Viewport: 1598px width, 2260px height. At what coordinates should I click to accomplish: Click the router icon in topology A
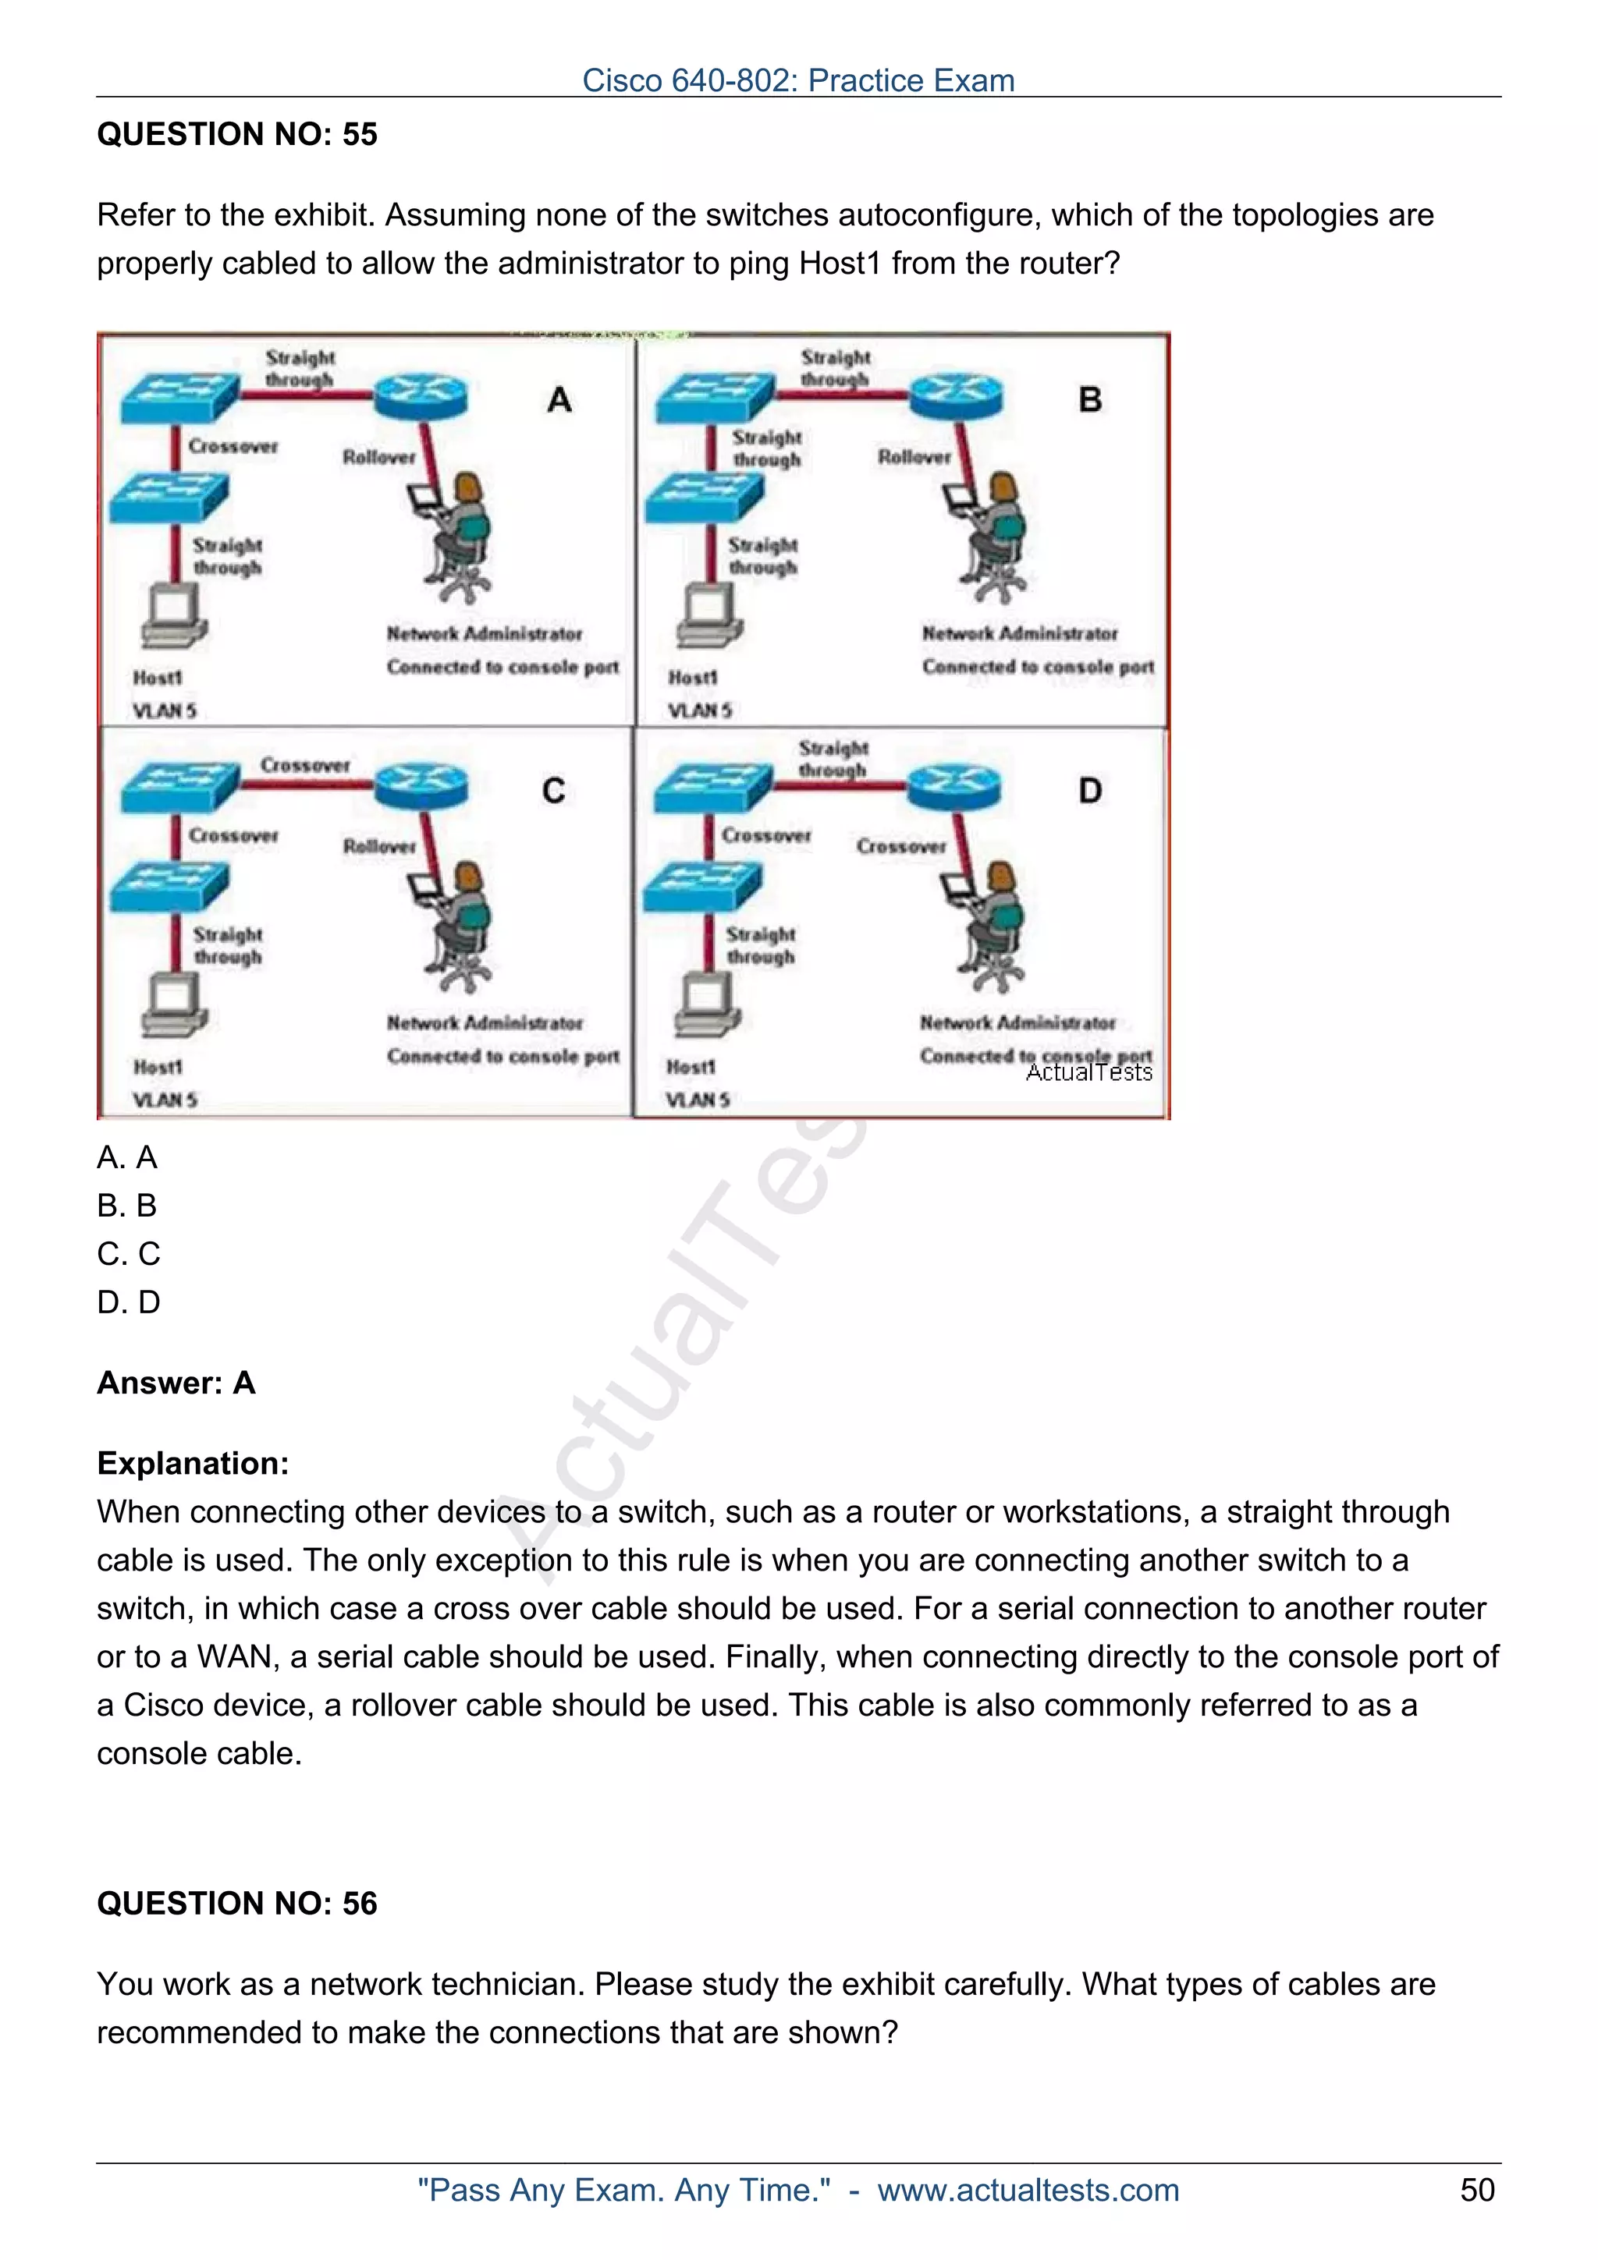pyautogui.click(x=421, y=395)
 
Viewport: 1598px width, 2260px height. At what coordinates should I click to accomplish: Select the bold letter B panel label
pyautogui.click(x=1090, y=399)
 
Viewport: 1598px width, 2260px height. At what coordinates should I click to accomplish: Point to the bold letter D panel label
pyautogui.click(x=1090, y=791)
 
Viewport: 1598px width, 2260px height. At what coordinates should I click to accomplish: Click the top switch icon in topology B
pyautogui.click(x=715, y=398)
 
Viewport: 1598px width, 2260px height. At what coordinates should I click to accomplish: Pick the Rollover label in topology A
pyautogui.click(x=379, y=457)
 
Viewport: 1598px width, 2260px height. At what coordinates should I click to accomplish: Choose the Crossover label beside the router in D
pyautogui.click(x=901, y=846)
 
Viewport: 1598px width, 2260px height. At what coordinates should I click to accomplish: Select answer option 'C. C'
pyautogui.click(x=128, y=1254)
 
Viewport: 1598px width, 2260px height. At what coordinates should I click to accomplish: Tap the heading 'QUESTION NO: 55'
pyautogui.click(x=236, y=134)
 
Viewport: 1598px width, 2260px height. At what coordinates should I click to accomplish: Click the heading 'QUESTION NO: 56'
pyautogui.click(x=236, y=1903)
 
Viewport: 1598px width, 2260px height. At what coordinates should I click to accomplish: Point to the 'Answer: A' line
pyautogui.click(x=176, y=1383)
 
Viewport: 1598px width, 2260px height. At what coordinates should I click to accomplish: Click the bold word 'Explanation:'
pyautogui.click(x=193, y=1463)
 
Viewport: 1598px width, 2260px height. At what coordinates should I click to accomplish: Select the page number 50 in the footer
pyautogui.click(x=1477, y=2190)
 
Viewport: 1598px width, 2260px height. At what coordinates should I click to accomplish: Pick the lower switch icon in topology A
pyautogui.click(x=169, y=496)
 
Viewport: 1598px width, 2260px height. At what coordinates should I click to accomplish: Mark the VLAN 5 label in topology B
pyautogui.click(x=700, y=710)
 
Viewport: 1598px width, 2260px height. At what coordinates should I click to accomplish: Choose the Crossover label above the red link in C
pyautogui.click(x=305, y=765)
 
